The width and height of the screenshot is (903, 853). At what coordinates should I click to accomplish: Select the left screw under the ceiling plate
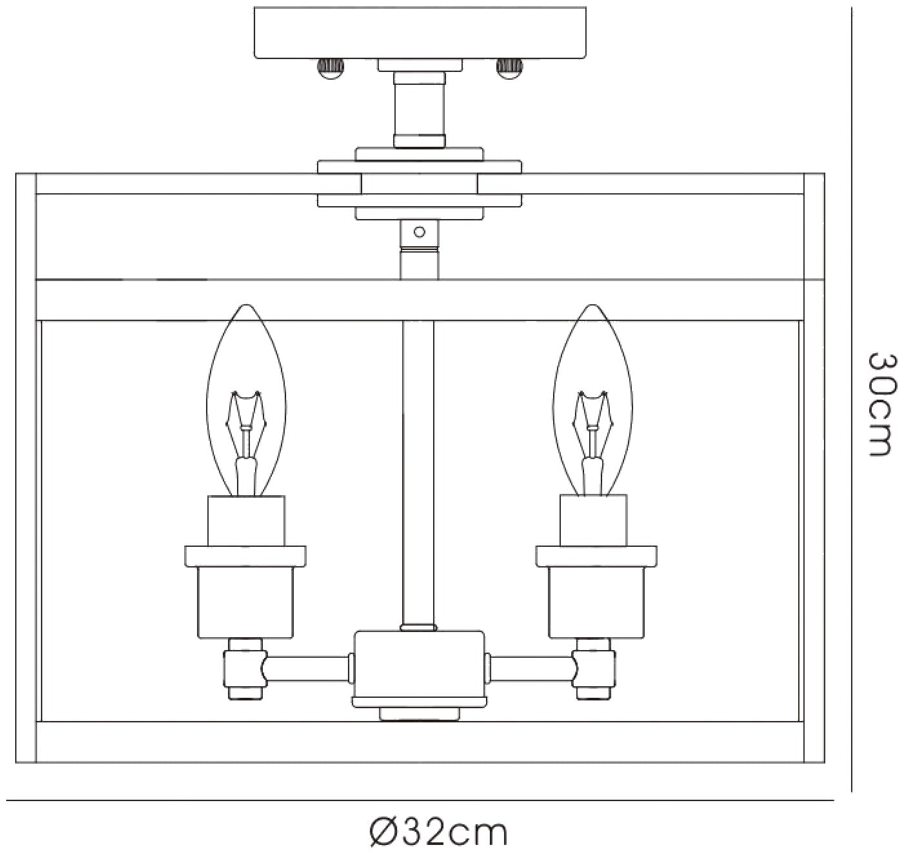point(330,68)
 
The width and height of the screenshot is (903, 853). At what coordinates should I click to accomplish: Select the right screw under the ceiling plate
point(510,68)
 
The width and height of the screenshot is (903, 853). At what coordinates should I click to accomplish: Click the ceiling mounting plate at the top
point(420,32)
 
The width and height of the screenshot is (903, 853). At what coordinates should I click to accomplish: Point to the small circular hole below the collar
point(419,232)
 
